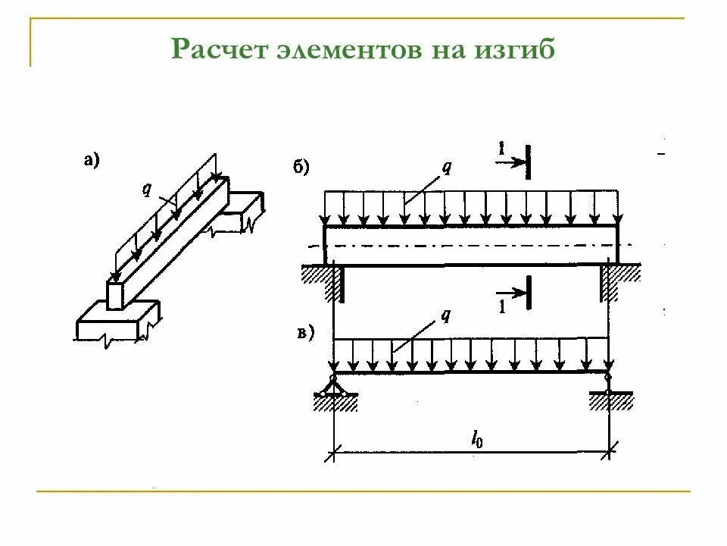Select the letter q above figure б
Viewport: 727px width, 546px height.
click(447, 168)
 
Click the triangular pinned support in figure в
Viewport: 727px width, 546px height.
click(332, 386)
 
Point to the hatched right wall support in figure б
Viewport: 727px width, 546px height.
click(610, 281)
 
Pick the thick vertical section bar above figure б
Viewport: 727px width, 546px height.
click(528, 162)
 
